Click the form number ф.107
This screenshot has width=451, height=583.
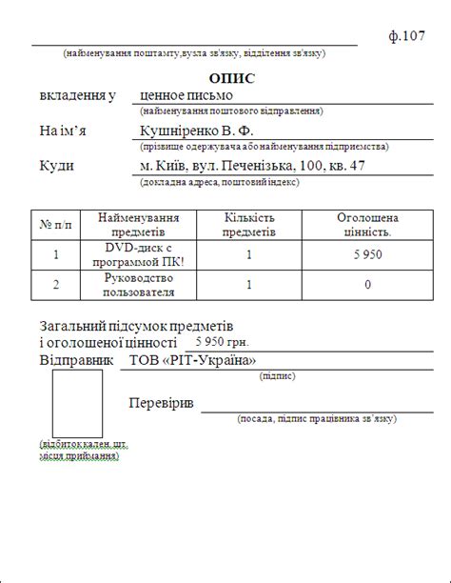[x=406, y=37]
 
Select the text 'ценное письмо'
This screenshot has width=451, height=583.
[x=186, y=95]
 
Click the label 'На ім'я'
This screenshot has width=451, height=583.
[x=63, y=131]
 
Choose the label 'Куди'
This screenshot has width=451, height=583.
[x=57, y=166]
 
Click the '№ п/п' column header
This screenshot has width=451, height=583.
[x=56, y=225]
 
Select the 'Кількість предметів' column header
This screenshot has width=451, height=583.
[x=249, y=225]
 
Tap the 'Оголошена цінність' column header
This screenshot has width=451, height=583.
[x=367, y=225]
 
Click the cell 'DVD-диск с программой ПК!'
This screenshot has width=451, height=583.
[x=138, y=254]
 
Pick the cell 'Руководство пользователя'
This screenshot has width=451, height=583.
[x=138, y=284]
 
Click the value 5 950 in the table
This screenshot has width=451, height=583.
[x=367, y=254]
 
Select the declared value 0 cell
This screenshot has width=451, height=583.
[x=367, y=284]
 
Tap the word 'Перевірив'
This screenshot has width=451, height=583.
[x=161, y=404]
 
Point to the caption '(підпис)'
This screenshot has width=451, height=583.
[x=277, y=376]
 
